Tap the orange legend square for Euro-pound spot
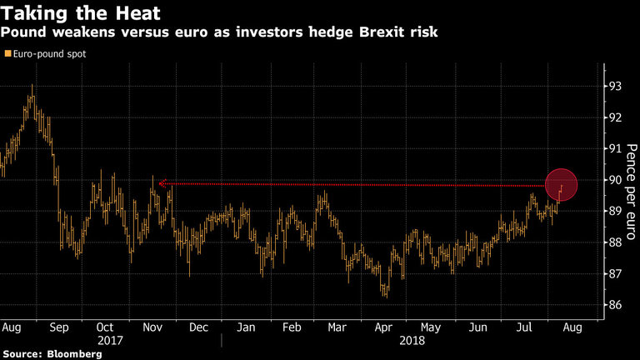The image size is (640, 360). click(7, 53)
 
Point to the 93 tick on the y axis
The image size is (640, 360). click(614, 86)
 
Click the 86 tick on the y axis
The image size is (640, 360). click(614, 305)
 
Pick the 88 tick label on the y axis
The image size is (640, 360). click(614, 242)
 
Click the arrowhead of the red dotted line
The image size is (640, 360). click(160, 182)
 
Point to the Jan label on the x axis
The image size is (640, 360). click(246, 328)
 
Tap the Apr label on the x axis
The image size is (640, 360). click(383, 328)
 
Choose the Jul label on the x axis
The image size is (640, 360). click(524, 328)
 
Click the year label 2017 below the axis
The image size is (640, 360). click(110, 341)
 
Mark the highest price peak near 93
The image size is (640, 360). click(32, 86)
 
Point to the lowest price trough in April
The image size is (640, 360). click(385, 295)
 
